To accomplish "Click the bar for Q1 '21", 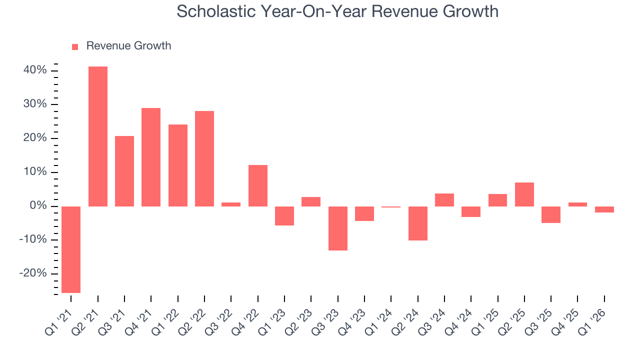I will tap(71, 249).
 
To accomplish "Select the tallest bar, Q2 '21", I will tap(98, 136).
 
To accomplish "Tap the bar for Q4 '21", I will tap(151, 157).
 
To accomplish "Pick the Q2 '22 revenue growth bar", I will tap(204, 158).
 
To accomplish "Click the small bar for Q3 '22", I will tap(231, 204).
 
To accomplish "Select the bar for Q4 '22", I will tap(258, 185).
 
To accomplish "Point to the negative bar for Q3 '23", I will tap(338, 228).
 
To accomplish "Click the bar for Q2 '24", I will tap(418, 223).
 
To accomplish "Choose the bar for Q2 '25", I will tap(524, 194).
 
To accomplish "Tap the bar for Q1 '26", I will tap(604, 209).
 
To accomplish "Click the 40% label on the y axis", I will tap(35, 70).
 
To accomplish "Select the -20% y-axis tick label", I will tap(33, 273).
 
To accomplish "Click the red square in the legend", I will tap(75, 46).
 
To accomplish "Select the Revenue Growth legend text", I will tap(128, 46).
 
